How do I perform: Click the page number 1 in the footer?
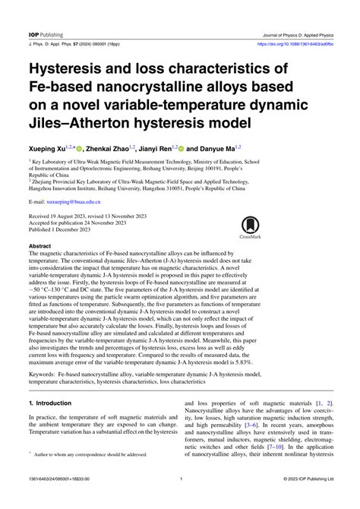click(x=180, y=501)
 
